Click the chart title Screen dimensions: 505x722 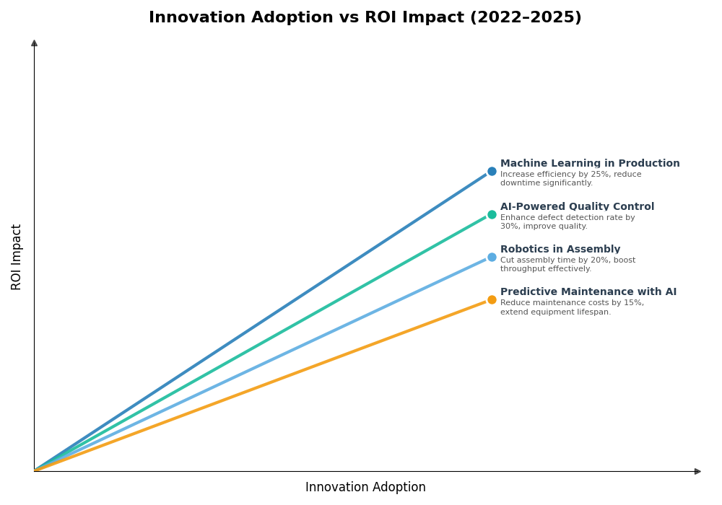tap(365, 18)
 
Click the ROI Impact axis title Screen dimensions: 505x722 tap(17, 257)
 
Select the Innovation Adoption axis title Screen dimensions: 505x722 tap(365, 488)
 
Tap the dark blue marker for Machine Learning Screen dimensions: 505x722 tap(492, 172)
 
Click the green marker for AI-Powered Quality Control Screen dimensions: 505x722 tap(492, 214)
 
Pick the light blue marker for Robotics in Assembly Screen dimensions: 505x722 tap(492, 257)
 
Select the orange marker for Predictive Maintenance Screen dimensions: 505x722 tap(492, 299)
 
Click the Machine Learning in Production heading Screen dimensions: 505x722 tap(590, 164)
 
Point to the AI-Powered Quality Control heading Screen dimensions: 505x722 tap(577, 207)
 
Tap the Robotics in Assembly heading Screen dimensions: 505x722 tap(560, 250)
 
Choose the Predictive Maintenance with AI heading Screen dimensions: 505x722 tap(588, 292)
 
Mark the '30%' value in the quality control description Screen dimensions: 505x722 tap(509, 227)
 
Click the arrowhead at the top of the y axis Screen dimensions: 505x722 tap(34, 43)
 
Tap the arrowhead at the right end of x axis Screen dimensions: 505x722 tap(697, 471)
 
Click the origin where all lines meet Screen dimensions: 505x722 tap(35, 471)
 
